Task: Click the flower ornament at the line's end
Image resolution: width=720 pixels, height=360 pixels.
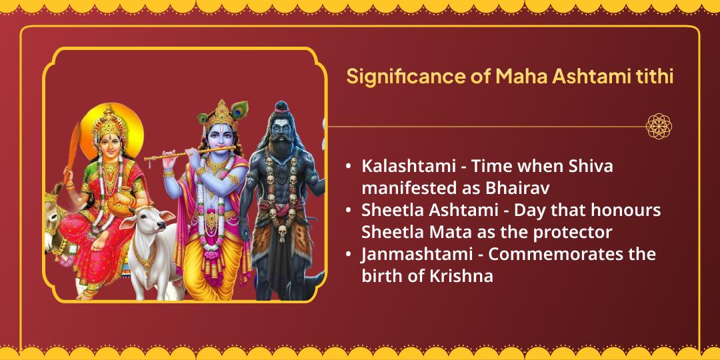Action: click(x=659, y=126)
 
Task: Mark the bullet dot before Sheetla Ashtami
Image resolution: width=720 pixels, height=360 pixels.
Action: click(x=349, y=211)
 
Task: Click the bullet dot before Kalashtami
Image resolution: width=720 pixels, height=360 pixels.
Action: click(x=349, y=167)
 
